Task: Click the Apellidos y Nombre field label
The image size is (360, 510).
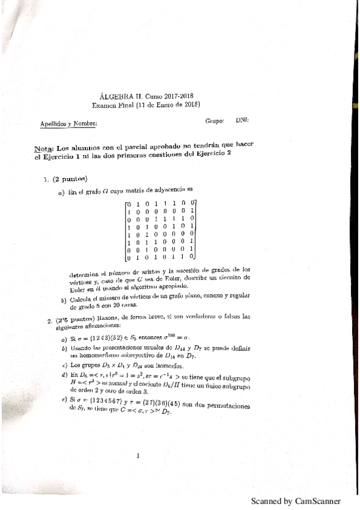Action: (68, 124)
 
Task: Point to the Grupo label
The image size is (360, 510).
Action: (215, 120)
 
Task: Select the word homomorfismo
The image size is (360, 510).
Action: (97, 356)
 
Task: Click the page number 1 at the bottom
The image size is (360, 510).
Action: (138, 455)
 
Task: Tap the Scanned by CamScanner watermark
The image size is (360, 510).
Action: (295, 500)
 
